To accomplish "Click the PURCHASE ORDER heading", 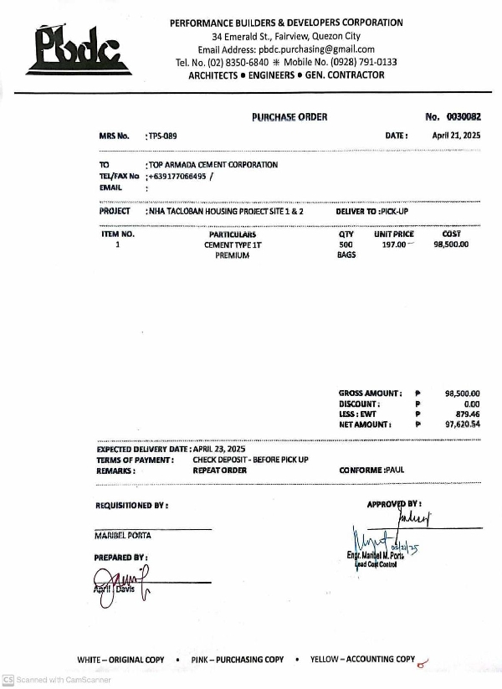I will coord(289,117).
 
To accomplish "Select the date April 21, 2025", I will coord(456,135).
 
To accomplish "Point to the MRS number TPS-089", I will coord(162,136).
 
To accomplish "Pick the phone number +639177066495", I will coord(178,177).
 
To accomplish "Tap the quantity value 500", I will coord(346,245).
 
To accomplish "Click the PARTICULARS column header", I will coord(233,235).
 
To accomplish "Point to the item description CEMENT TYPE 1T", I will coord(233,245).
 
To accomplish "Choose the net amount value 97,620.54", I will coord(463,425).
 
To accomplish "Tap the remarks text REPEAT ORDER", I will coord(220,471).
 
